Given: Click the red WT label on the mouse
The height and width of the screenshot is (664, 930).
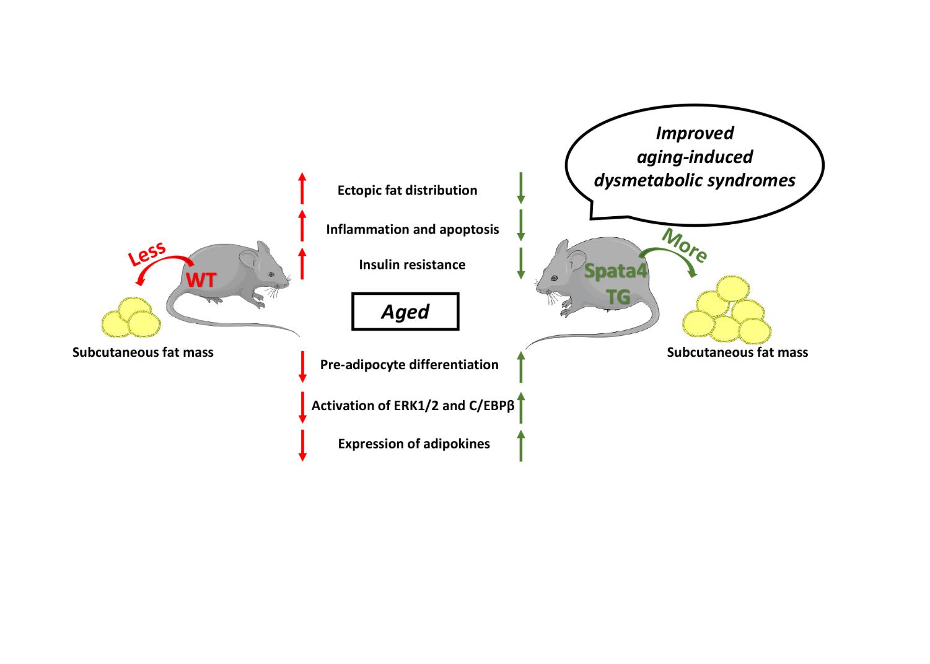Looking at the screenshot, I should [202, 280].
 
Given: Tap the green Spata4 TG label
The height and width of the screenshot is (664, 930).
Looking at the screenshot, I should [616, 284].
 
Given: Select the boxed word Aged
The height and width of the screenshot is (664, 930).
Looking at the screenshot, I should [405, 312].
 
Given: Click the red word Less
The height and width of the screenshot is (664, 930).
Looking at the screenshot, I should [147, 254].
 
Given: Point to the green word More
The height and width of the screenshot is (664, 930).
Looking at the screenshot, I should [684, 245].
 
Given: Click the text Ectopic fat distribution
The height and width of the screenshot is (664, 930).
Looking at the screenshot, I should [407, 190].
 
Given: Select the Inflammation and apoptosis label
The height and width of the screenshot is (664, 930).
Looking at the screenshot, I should [412, 229].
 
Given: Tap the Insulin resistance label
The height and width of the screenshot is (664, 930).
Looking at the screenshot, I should [412, 264].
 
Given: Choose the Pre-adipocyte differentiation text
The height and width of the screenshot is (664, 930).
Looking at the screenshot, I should [409, 364].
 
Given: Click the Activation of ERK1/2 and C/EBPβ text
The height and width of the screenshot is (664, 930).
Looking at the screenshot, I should [413, 406].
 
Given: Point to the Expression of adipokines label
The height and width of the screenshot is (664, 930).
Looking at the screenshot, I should [414, 443].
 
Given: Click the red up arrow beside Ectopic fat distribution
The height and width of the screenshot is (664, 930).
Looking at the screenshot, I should [302, 188].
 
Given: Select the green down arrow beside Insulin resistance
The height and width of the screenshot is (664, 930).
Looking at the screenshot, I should [521, 263].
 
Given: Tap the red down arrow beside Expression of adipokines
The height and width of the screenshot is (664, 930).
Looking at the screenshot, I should [302, 445].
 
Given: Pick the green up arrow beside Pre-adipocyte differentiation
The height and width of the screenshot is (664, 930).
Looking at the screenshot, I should [521, 367].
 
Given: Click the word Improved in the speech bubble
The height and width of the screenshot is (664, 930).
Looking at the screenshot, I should [695, 133].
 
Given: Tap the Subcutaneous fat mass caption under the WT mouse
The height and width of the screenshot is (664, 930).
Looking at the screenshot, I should [143, 352].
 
